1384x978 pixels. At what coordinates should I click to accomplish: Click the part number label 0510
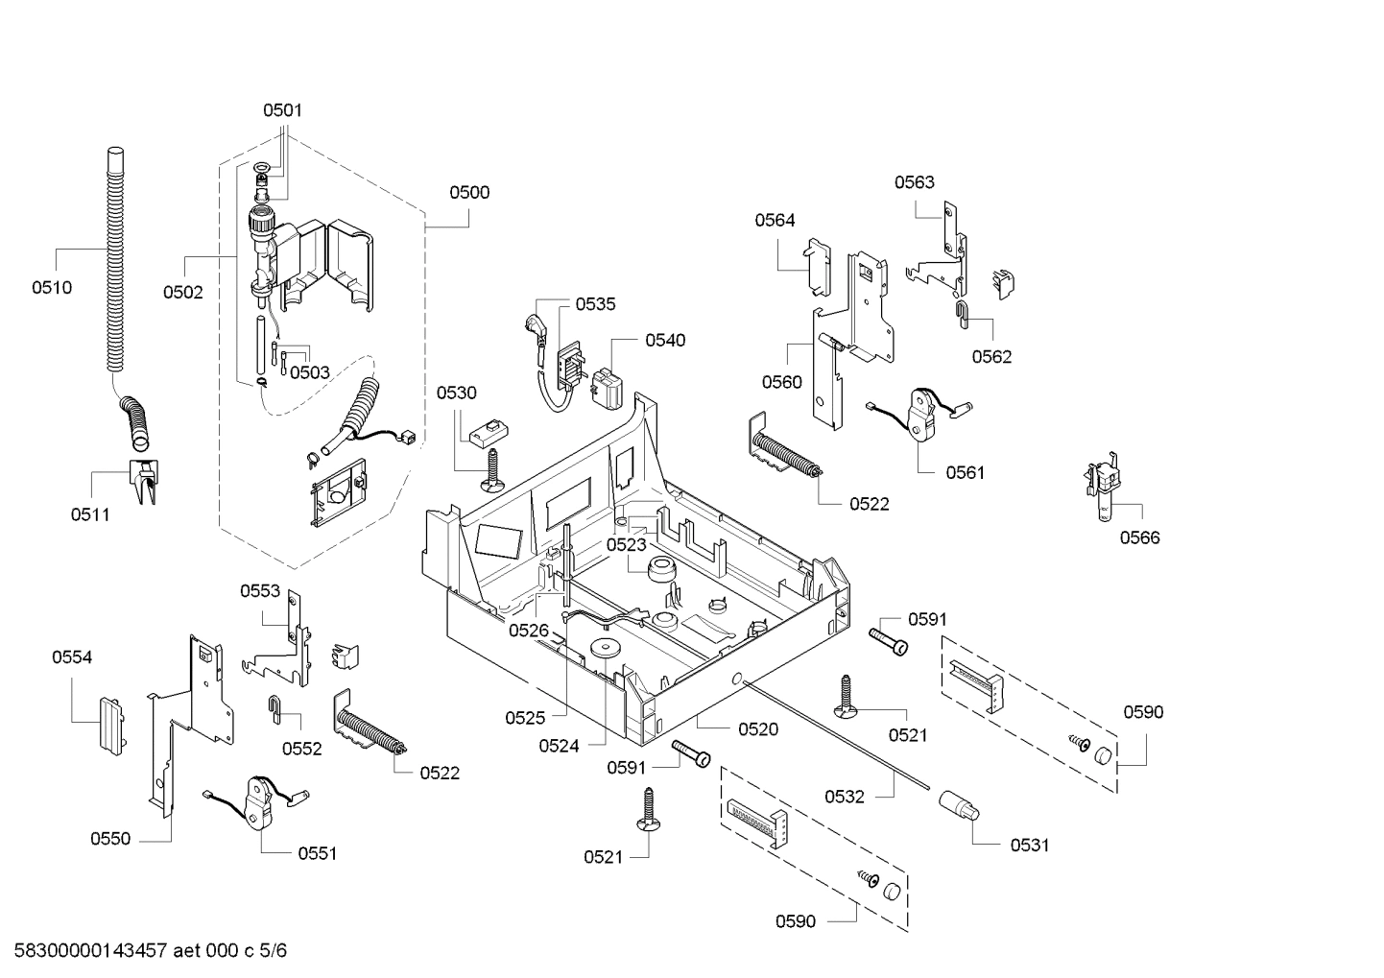click(x=51, y=287)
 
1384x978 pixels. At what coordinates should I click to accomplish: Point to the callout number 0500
click(x=469, y=192)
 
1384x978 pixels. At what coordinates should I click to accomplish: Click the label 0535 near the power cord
click(x=596, y=304)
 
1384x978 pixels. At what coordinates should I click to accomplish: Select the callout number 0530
click(x=456, y=393)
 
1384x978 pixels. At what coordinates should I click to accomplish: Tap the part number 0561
click(x=965, y=472)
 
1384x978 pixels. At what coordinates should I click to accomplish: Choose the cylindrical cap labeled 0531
click(x=957, y=804)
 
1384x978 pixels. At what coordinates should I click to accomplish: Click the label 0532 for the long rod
click(x=845, y=797)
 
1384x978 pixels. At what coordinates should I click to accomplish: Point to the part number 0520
click(x=758, y=729)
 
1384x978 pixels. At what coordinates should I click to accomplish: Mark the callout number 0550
click(x=110, y=839)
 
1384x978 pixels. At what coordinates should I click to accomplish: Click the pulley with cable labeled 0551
click(x=261, y=800)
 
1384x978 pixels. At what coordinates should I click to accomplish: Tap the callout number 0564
click(x=775, y=220)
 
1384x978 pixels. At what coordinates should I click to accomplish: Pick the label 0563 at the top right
click(x=914, y=182)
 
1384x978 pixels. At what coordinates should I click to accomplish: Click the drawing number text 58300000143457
click(x=85, y=951)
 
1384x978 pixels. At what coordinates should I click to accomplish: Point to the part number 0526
click(x=528, y=630)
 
